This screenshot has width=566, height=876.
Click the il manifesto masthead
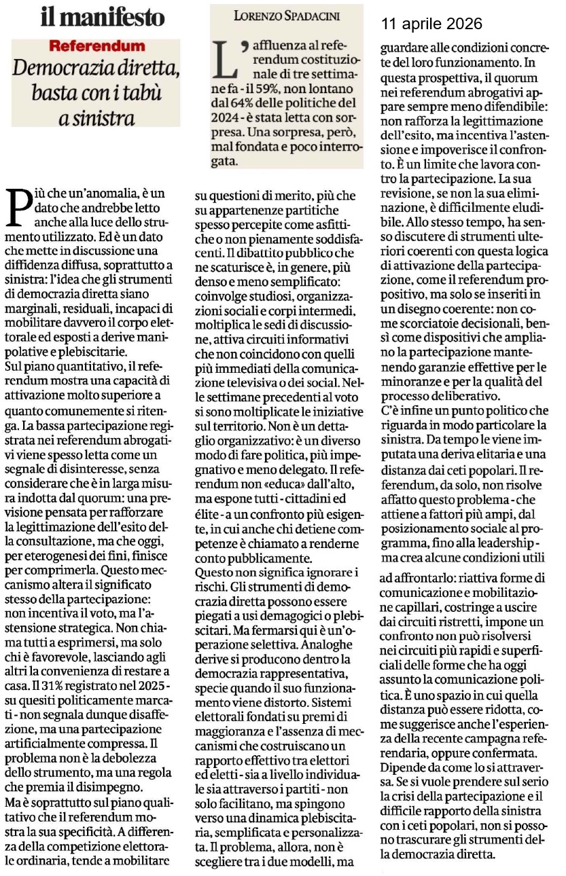click(x=103, y=17)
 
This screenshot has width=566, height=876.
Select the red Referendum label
click(x=96, y=46)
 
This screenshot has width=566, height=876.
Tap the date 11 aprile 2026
click(x=431, y=24)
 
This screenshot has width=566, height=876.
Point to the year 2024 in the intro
click(x=228, y=122)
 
